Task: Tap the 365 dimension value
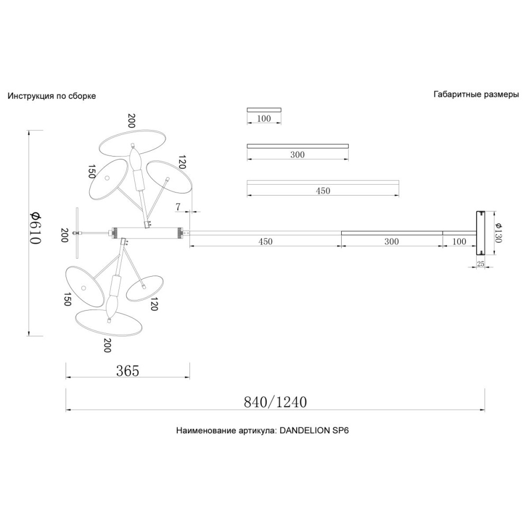point(127,371)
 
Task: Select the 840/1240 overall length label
point(275,402)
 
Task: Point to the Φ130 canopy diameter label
point(499,233)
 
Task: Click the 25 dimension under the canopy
point(480,263)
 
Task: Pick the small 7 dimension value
point(178,207)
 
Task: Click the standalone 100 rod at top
point(264,110)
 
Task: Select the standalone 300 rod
point(298,146)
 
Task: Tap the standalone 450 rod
point(323,182)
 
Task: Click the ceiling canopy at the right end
point(480,233)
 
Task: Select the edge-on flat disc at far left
point(77,233)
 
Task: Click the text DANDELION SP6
point(314,431)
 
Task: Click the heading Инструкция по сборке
point(52,96)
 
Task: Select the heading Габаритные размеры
point(476,95)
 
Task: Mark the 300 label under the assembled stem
point(391,242)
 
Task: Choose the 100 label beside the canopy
point(459,242)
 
